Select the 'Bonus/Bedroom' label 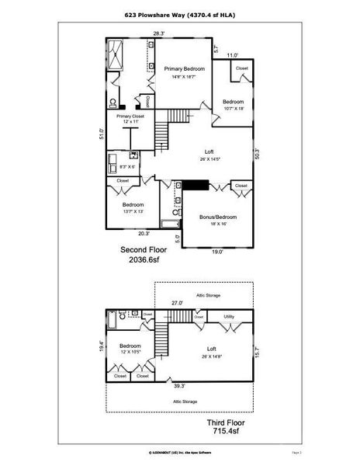click(x=217, y=217)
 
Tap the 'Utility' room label click(x=230, y=317)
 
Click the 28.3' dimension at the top click(x=158, y=33)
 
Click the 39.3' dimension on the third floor click(x=179, y=385)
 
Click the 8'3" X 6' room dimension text click(x=128, y=166)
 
